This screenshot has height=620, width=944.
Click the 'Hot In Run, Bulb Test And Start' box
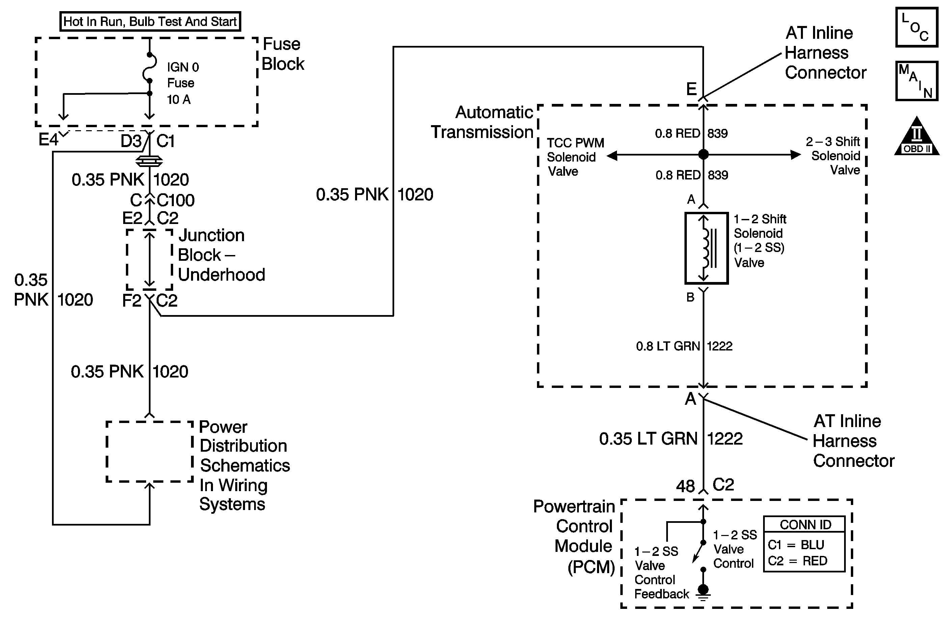tap(150, 21)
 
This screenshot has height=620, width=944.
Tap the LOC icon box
tap(916, 27)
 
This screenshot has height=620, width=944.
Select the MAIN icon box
tap(916, 81)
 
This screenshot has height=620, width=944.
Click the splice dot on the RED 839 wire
tap(703, 154)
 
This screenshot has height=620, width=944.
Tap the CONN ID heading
tap(805, 525)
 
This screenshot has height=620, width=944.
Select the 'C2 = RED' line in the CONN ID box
tap(797, 561)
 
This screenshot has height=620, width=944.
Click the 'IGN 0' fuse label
tap(183, 67)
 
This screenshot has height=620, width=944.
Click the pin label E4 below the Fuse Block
tap(48, 140)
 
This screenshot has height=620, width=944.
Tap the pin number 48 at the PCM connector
tap(685, 486)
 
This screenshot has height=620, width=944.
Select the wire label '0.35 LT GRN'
tap(648, 439)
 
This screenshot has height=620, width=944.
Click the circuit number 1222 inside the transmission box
tap(720, 346)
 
